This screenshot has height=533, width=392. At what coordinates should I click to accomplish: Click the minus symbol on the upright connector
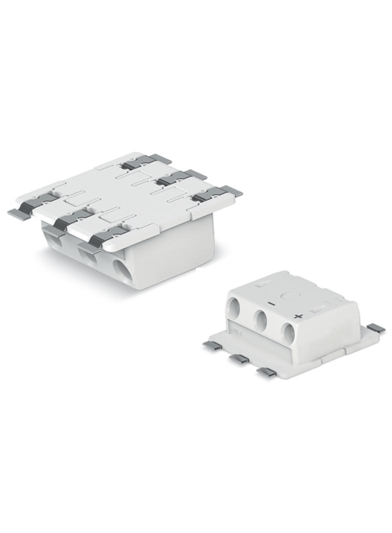pos(270,303)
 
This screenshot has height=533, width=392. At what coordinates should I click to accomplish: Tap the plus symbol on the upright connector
pos(298,316)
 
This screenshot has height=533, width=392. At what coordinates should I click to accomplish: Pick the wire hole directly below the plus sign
pos(287,332)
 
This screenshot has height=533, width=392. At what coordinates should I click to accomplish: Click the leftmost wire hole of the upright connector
pos(234,305)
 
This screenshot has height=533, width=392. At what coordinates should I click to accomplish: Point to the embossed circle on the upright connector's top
pos(289,295)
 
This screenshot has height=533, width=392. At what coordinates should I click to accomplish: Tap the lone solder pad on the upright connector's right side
pos(375,328)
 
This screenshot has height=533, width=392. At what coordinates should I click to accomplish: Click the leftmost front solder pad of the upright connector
pos(212,345)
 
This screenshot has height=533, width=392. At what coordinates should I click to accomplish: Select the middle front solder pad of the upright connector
pos(239,358)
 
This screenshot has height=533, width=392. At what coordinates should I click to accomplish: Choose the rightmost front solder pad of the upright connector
pos(266,371)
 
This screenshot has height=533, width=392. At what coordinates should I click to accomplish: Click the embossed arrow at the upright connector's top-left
pos(262,283)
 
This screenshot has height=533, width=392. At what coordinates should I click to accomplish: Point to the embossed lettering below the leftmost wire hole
pos(234,330)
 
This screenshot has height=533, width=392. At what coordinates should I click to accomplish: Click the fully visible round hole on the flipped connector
pos(121,270)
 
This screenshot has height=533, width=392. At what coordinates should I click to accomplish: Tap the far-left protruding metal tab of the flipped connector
pos(18,213)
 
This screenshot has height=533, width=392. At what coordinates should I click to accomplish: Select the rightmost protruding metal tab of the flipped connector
pos(232,191)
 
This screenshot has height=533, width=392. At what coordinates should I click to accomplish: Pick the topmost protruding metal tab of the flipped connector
pos(159,158)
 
